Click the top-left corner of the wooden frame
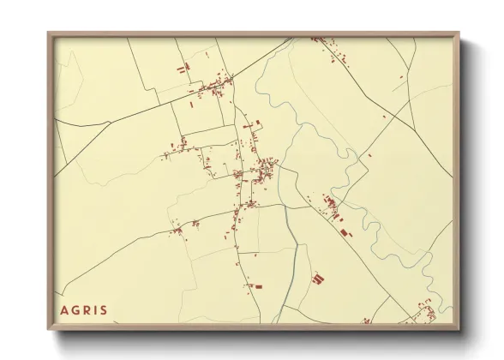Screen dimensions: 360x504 point(48,33)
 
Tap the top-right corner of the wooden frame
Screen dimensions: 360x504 point(459,33)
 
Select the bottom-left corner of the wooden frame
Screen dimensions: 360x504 point(48,329)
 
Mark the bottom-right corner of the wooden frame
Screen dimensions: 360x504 point(459,329)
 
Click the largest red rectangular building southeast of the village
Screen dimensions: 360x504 point(345,231)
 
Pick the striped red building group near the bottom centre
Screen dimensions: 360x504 point(317,279)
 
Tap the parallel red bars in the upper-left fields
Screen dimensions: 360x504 point(182,69)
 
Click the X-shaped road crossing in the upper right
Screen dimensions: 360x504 point(410,102)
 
